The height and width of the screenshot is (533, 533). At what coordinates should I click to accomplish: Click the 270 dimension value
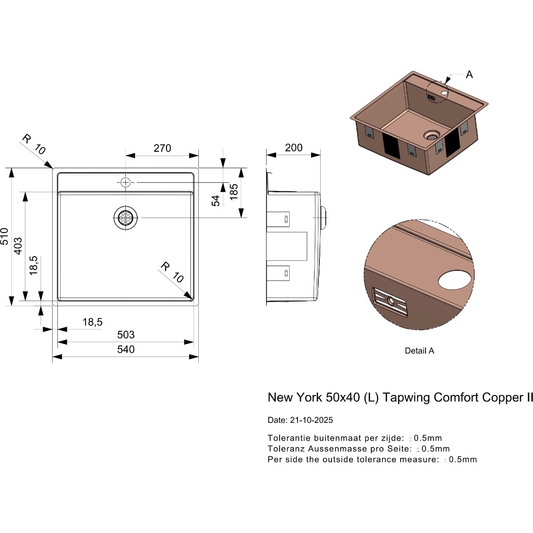[162, 148]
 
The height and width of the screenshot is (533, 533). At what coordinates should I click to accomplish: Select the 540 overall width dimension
[126, 350]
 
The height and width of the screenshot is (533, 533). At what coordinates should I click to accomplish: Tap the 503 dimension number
[126, 335]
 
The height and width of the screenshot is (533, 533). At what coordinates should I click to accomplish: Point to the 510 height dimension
[5, 236]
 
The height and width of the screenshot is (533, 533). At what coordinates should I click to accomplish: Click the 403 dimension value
[18, 246]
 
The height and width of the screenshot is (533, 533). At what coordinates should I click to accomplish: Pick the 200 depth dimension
[294, 148]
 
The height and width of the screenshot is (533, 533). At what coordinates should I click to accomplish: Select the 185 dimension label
[234, 192]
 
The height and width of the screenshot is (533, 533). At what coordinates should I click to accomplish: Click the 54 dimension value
[215, 201]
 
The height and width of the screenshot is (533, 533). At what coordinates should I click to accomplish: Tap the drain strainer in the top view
[125, 218]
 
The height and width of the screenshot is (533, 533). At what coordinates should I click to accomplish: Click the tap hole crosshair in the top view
[125, 182]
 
